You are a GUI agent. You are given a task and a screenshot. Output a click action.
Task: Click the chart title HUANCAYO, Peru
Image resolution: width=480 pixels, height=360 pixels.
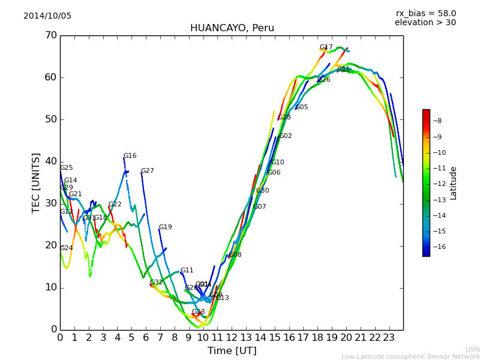pyautogui.click(x=232, y=28)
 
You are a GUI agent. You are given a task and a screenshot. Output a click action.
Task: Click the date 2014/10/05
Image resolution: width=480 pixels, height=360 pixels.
pyautogui.click(x=47, y=16)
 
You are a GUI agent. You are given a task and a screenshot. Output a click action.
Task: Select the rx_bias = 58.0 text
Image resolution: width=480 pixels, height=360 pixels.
pyautogui.click(x=425, y=14)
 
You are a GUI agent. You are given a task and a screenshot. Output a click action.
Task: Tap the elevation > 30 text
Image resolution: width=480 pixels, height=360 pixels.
pyautogui.click(x=425, y=23)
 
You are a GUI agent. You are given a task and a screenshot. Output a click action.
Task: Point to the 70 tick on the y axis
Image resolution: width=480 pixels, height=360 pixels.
pyautogui.click(x=50, y=35)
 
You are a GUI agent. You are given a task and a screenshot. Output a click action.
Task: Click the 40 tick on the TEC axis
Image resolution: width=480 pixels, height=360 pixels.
pyautogui.click(x=50, y=161)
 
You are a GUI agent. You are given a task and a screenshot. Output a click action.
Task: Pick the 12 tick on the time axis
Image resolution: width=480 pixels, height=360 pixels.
pyautogui.click(x=232, y=337)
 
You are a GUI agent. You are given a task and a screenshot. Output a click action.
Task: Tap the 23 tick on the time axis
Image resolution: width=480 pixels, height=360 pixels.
pyautogui.click(x=389, y=337)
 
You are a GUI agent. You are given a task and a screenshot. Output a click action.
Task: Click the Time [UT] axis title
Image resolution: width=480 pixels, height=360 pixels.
pyautogui.click(x=232, y=350)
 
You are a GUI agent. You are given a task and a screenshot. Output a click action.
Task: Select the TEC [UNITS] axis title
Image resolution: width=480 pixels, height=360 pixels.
pyautogui.click(x=36, y=182)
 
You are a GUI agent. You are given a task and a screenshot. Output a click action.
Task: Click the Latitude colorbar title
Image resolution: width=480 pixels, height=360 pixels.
pyautogui.click(x=454, y=183)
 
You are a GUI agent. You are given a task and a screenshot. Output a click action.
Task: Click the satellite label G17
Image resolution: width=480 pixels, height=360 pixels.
pyautogui.click(x=326, y=47)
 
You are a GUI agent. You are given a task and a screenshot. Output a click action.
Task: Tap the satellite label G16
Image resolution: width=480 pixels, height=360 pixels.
pyautogui.click(x=130, y=156)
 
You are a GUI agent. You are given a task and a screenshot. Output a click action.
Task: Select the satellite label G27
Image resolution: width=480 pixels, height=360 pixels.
pyautogui.click(x=148, y=171)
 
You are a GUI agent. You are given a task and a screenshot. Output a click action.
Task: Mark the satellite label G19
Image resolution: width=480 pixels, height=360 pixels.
pyautogui.click(x=166, y=227)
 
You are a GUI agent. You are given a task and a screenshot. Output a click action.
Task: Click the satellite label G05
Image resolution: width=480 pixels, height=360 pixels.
pyautogui.click(x=302, y=107)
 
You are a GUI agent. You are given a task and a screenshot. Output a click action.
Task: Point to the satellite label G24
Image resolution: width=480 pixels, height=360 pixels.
pyautogui.click(x=67, y=248)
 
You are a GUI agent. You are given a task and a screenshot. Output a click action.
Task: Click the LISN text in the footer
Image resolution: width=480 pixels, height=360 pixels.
pyautogui.click(x=473, y=349)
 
